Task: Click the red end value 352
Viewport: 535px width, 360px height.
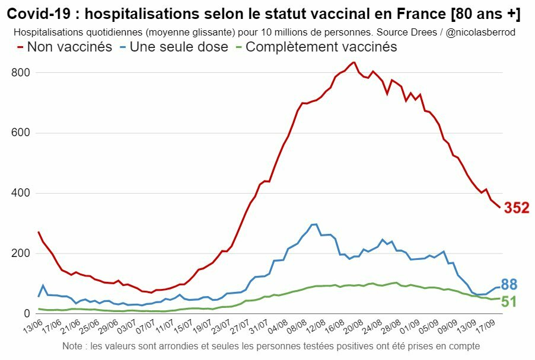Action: click(x=517, y=208)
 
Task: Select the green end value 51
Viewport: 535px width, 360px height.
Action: click(x=509, y=301)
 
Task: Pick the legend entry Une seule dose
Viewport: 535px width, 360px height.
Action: click(x=179, y=47)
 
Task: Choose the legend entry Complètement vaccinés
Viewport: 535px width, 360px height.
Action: click(x=321, y=47)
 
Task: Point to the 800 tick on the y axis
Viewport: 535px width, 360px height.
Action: click(x=23, y=73)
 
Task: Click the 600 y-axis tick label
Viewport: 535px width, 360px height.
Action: click(x=23, y=133)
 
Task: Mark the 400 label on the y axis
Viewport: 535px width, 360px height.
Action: click(x=23, y=194)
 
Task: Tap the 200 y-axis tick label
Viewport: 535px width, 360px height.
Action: click(x=23, y=254)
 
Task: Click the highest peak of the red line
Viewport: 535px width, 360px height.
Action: click(x=354, y=62)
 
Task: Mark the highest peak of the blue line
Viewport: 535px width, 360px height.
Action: click(x=316, y=224)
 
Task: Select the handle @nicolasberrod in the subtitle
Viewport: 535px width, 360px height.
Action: click(x=480, y=32)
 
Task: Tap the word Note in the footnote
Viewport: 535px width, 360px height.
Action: click(x=74, y=345)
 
